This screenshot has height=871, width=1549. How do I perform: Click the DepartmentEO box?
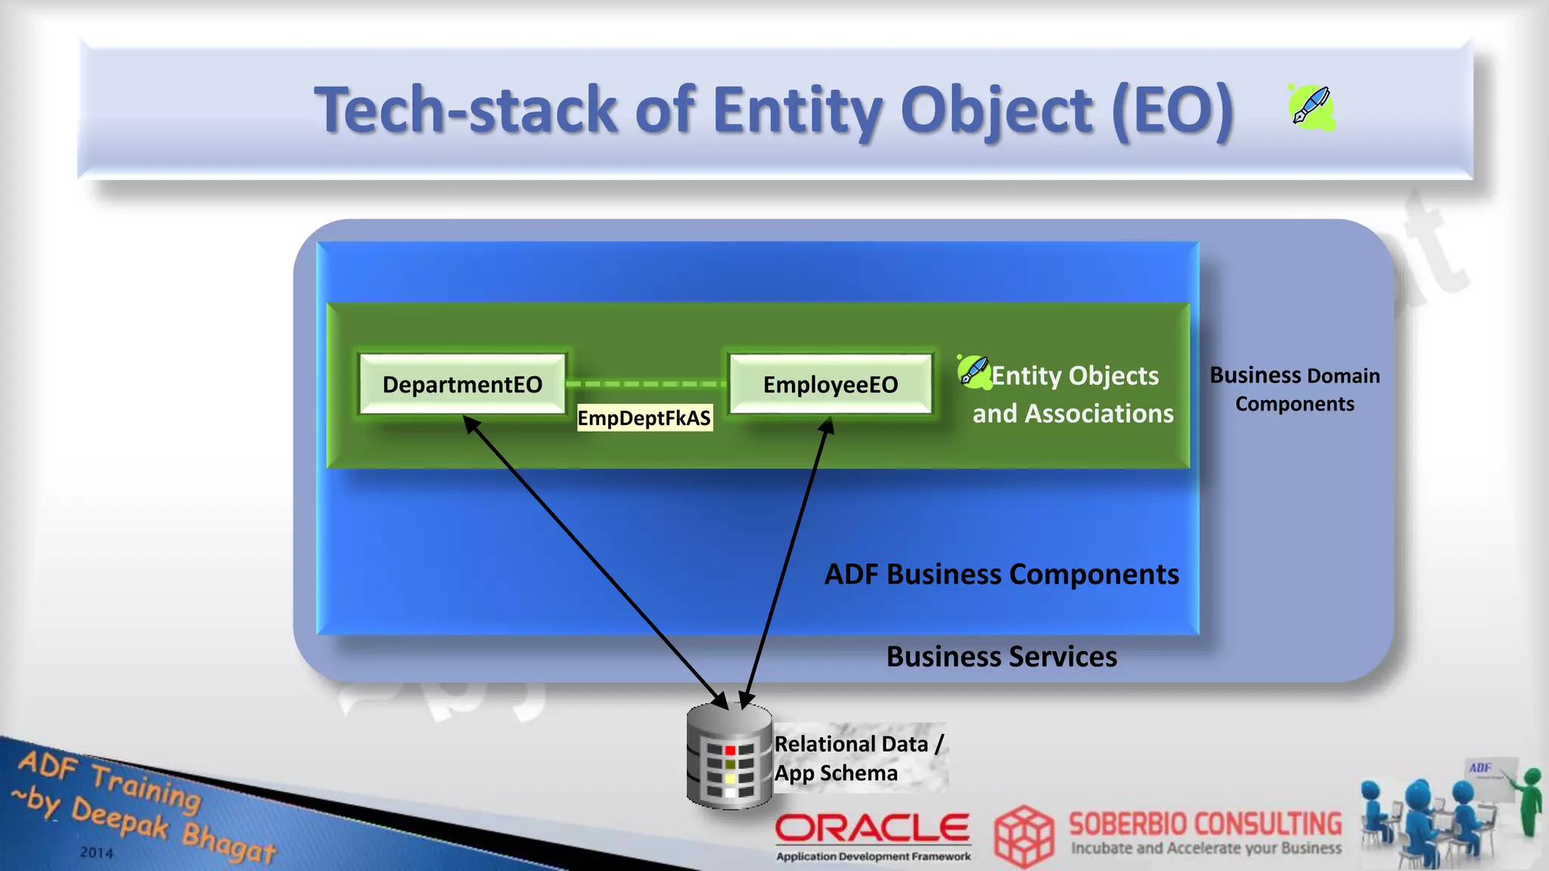click(462, 384)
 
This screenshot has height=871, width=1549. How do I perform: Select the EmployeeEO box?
click(830, 384)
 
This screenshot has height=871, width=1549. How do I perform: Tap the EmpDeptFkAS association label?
click(644, 418)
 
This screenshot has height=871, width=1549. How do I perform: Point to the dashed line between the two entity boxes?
click(646, 384)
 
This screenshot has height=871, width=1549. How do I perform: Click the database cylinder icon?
click(728, 756)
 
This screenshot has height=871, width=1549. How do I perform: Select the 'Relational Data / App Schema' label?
click(858, 758)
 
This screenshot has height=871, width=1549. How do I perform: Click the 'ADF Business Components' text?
click(1001, 575)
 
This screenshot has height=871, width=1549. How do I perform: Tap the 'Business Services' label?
click(1001, 657)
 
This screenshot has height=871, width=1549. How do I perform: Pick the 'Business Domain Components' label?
click(1294, 389)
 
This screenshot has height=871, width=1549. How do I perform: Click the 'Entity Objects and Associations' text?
click(1074, 395)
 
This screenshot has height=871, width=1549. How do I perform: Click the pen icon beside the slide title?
click(1312, 107)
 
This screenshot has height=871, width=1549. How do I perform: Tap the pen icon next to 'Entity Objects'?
click(973, 371)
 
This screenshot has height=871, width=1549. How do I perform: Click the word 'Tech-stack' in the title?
click(466, 110)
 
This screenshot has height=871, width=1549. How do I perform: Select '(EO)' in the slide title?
click(1173, 110)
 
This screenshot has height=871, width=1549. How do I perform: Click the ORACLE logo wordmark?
click(872, 829)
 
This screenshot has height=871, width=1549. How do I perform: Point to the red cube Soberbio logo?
click(1023, 835)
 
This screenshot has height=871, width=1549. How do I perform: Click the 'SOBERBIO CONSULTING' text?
click(1205, 823)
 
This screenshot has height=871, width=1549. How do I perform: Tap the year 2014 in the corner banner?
click(97, 853)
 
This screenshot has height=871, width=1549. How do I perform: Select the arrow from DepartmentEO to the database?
click(594, 560)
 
